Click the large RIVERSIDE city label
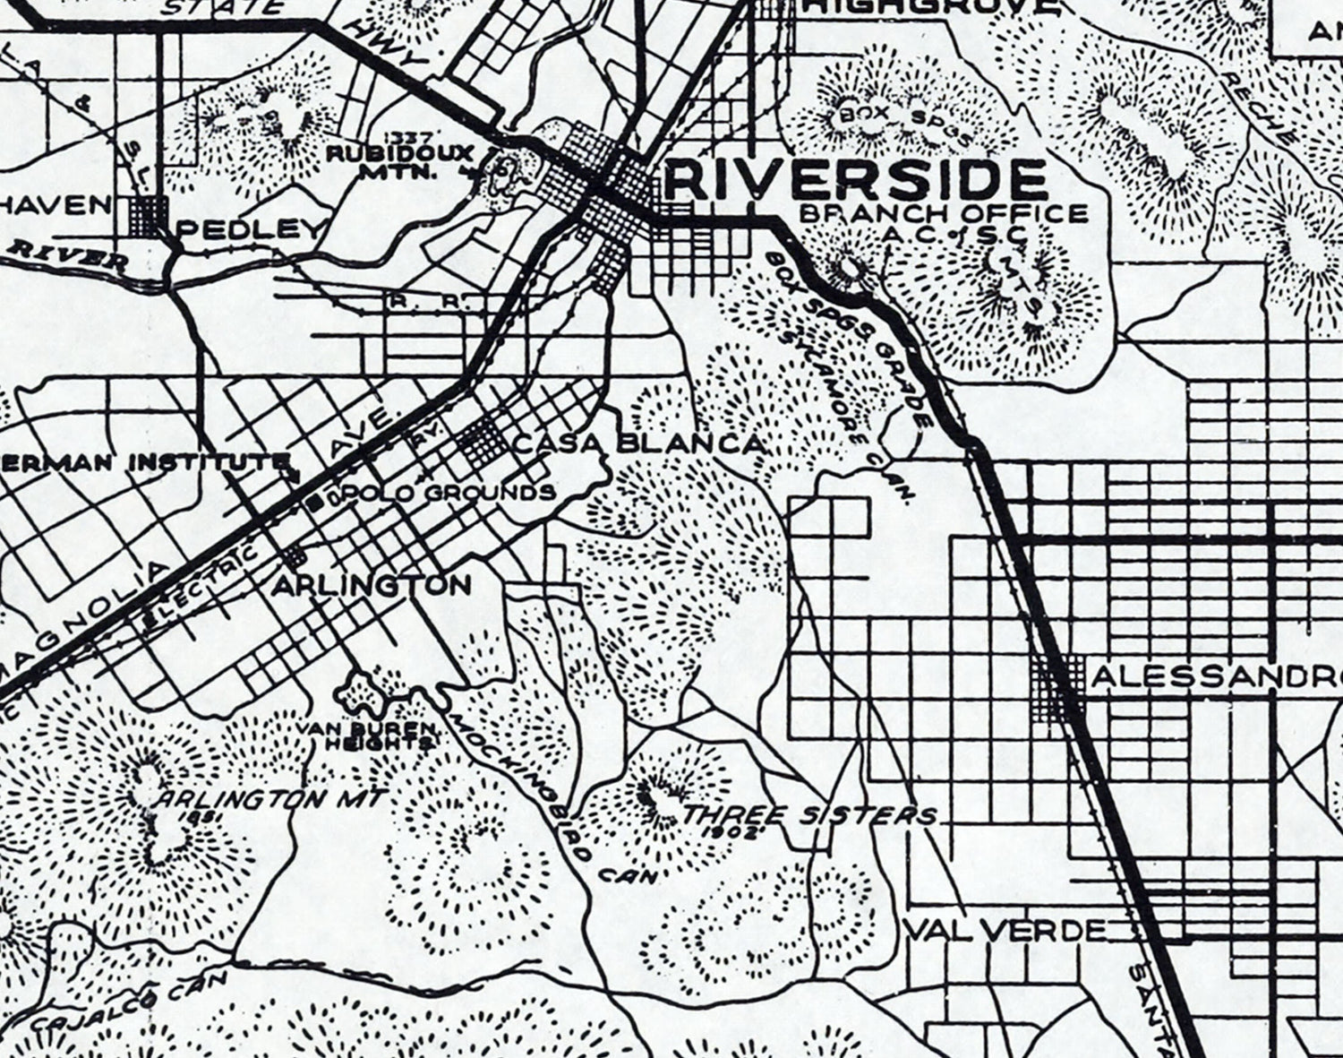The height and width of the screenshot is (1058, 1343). (856, 179)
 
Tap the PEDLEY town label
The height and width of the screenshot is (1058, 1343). (249, 230)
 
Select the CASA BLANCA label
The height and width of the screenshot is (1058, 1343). (640, 443)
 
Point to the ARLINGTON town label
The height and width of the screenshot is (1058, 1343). (372, 586)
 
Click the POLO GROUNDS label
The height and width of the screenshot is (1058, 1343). (489, 493)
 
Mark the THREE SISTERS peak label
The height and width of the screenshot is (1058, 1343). (810, 815)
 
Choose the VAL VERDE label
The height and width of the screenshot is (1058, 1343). (1005, 930)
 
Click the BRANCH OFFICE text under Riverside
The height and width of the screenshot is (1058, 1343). (943, 213)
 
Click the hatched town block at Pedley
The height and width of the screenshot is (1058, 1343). (149, 216)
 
